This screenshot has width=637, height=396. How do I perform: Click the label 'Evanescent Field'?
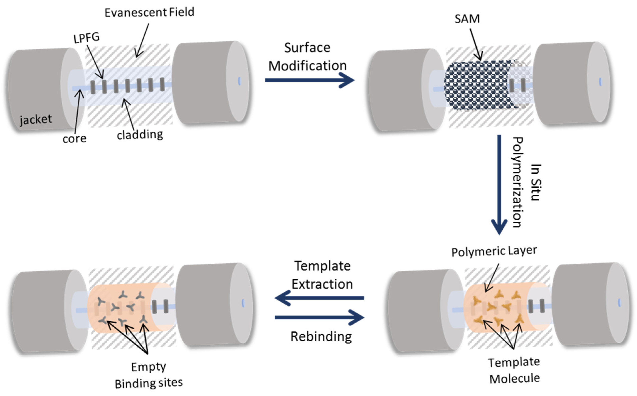point(149,13)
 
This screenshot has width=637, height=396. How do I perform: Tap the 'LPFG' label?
point(86,38)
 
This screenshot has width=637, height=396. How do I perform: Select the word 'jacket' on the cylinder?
point(36,120)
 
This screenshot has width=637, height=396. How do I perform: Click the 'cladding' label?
point(140,135)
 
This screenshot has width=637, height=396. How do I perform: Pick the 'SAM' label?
point(467,19)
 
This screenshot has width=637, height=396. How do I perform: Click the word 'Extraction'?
point(322,284)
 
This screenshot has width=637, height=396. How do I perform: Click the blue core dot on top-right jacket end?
point(600,82)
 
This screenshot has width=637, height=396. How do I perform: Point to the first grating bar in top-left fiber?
point(93,87)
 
